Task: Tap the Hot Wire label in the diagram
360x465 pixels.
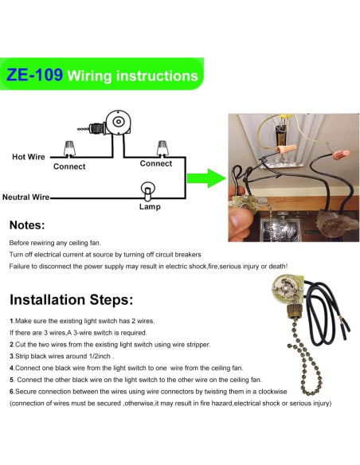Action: pyautogui.click(x=29, y=157)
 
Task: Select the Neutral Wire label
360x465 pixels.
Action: pyautogui.click(x=26, y=197)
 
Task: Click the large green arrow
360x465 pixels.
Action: pyautogui.click(x=209, y=178)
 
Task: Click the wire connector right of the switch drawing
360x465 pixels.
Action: pyautogui.click(x=163, y=147)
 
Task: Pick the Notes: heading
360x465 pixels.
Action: pyautogui.click(x=28, y=225)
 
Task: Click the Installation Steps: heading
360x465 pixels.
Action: pyautogui.click(x=71, y=301)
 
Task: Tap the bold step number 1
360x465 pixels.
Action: pyautogui.click(x=11, y=319)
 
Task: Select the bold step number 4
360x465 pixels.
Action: pyautogui.click(x=11, y=368)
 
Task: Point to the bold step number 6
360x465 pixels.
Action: pyautogui.click(x=11, y=392)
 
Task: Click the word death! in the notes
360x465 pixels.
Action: pyautogui.click(x=277, y=266)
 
